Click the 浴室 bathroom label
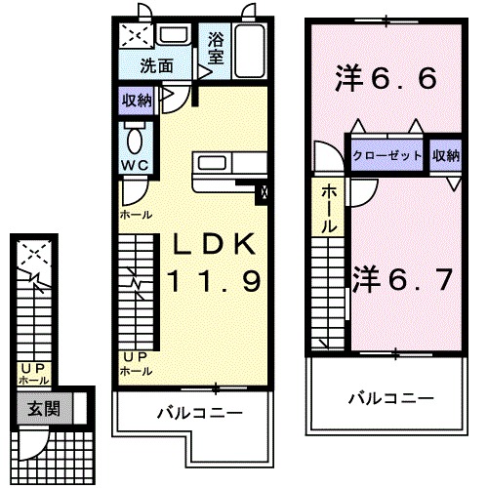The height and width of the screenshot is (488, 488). click(x=216, y=51)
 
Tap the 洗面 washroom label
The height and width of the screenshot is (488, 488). click(x=156, y=67)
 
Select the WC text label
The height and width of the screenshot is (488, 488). click(x=135, y=165)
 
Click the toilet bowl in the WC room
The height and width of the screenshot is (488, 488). click(x=135, y=137)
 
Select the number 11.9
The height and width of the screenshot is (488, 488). click(x=213, y=283)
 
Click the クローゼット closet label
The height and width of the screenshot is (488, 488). click(x=388, y=155)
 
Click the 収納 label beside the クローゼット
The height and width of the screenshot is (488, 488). click(x=445, y=155)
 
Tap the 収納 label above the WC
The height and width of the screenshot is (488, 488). click(x=136, y=100)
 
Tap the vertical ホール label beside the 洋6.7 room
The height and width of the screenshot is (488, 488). click(x=330, y=207)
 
